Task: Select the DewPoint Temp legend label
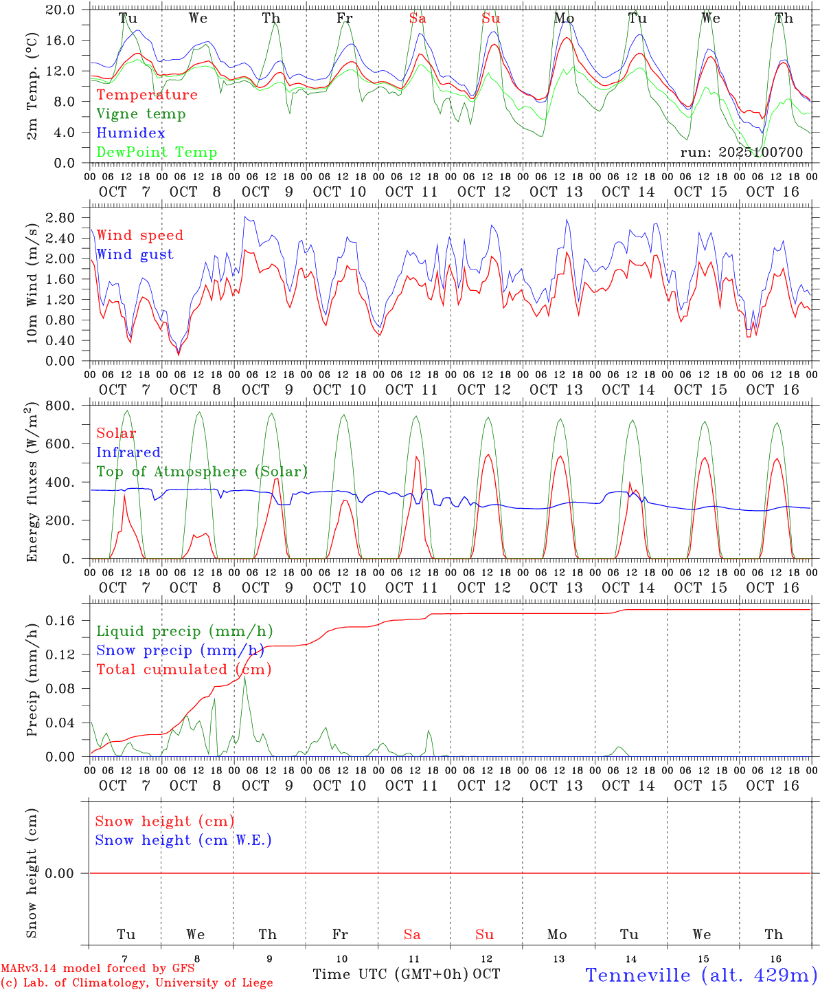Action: coord(157,152)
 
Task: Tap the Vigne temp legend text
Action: coord(141,113)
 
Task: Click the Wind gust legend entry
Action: coord(135,254)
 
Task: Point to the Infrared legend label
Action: coord(128,452)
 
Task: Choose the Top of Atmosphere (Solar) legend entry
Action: coord(201,472)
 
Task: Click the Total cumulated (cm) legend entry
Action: coord(183,669)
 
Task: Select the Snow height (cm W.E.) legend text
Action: coord(183,840)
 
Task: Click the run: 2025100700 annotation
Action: coord(741,152)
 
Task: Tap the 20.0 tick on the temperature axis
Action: coord(62,10)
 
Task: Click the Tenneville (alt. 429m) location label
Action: coord(701,975)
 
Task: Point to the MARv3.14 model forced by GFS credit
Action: coord(97,969)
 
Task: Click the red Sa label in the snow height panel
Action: coord(412,934)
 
